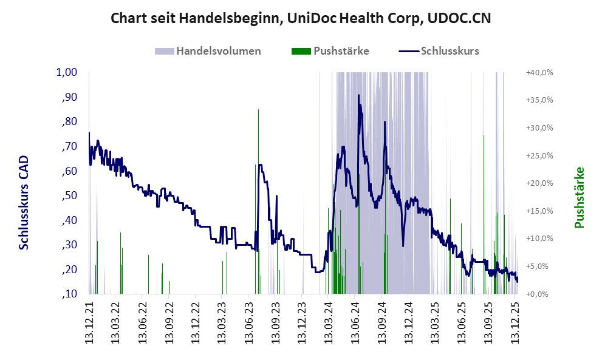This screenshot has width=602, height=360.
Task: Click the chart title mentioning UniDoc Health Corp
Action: pos(301,19)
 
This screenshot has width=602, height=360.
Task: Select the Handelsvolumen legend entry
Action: pos(219,51)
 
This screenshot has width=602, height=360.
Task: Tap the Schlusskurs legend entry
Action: pos(450,51)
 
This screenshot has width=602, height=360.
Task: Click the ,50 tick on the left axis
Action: pos(70,195)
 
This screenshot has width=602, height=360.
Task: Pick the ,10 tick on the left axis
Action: pos(70,294)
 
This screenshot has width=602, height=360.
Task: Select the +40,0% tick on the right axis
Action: pos(539,72)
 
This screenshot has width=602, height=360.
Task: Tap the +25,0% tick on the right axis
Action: pos(539,155)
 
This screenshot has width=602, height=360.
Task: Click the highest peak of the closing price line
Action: pos(358,95)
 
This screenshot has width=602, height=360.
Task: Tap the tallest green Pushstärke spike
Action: pos(258,110)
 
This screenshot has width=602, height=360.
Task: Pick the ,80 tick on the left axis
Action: pos(70,121)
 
